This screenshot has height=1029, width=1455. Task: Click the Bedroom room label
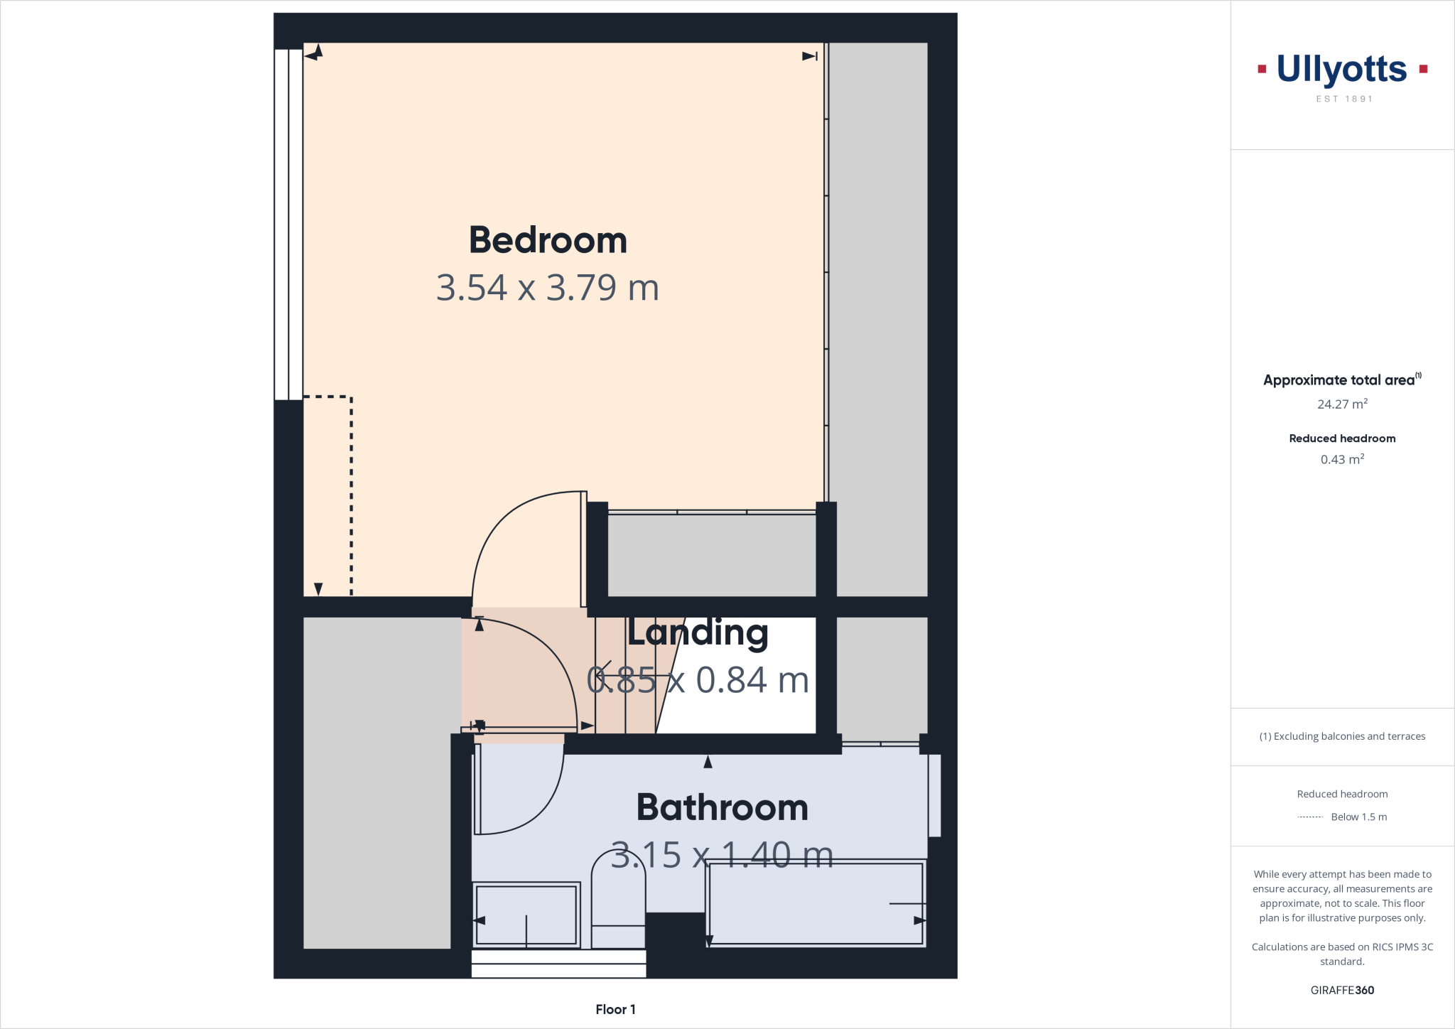pyautogui.click(x=548, y=240)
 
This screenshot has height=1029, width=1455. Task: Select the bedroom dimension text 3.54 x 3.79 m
pyautogui.click(x=548, y=288)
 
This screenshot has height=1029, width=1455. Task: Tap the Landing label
pyautogui.click(x=698, y=632)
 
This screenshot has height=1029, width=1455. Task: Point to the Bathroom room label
pyautogui.click(x=723, y=807)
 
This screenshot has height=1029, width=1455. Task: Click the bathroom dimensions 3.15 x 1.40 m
pyautogui.click(x=722, y=855)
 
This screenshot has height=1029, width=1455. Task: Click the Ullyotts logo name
pyautogui.click(x=1341, y=70)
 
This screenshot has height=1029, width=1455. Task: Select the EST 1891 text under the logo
pyautogui.click(x=1344, y=99)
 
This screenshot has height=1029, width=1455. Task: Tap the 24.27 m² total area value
pyautogui.click(x=1342, y=404)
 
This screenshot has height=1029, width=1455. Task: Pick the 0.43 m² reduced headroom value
pyautogui.click(x=1342, y=460)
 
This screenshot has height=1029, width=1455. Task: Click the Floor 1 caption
pyautogui.click(x=615, y=1009)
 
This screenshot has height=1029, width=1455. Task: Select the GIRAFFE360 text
pyautogui.click(x=1342, y=990)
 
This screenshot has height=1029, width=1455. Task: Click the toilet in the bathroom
pyautogui.click(x=618, y=903)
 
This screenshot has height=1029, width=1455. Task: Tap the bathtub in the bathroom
pyautogui.click(x=816, y=903)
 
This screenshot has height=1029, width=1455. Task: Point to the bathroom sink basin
pyautogui.click(x=526, y=915)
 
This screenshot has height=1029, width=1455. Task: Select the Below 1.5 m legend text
pyautogui.click(x=1358, y=817)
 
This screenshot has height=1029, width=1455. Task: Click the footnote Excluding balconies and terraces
pyautogui.click(x=1342, y=736)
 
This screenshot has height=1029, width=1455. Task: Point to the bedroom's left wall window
pyautogui.click(x=288, y=224)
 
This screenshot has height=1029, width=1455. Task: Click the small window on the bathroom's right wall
pyautogui.click(x=935, y=795)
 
